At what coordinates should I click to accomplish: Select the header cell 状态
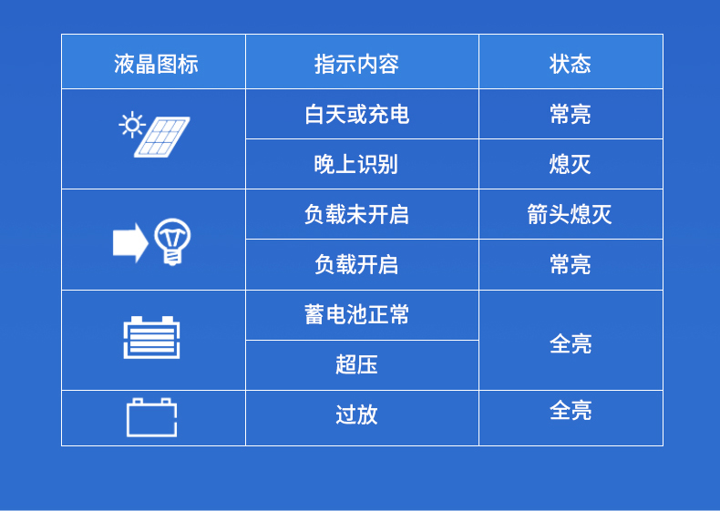(571, 64)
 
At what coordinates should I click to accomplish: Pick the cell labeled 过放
(356, 414)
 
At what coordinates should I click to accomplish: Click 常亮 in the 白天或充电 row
(571, 114)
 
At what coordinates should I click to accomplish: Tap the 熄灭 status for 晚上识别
(571, 164)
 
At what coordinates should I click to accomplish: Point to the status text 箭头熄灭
(571, 214)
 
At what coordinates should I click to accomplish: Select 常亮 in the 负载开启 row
(571, 264)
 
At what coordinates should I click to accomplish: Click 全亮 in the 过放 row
(571, 411)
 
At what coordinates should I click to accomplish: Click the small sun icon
(132, 124)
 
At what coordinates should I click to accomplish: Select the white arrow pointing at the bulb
(129, 242)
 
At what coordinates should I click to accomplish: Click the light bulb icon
(172, 241)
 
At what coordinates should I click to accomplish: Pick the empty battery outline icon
(151, 417)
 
